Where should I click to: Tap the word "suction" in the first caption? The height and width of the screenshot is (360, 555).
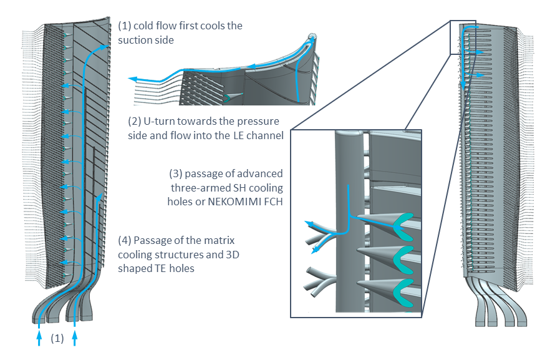point(135,41)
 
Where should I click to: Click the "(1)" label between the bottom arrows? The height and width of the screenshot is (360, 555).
point(57,339)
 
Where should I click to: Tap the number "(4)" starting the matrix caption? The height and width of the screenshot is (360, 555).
point(125,240)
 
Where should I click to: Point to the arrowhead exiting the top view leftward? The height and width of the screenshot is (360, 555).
point(133,79)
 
